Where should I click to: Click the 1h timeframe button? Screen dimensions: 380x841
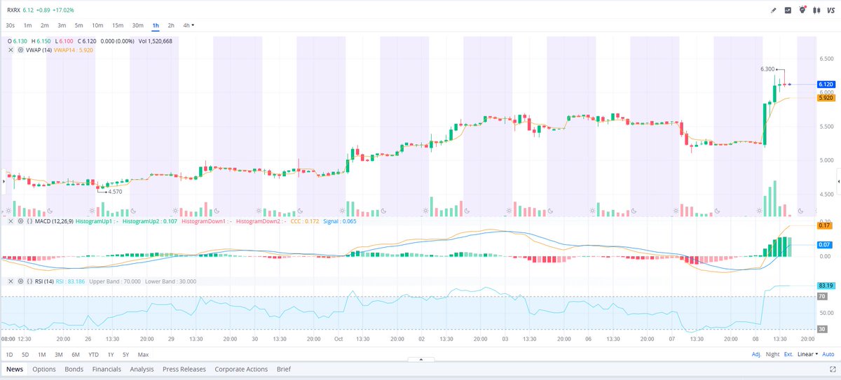point(156,25)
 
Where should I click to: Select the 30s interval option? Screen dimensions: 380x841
point(11,25)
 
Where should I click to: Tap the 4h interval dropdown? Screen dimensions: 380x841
point(188,25)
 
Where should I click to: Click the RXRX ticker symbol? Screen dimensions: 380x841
point(13,10)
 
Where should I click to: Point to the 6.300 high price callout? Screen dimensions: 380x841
point(767,69)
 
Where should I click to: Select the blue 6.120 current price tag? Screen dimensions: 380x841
point(824,84)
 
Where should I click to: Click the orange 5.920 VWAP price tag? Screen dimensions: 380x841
point(824,98)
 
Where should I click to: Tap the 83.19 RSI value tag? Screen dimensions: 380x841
point(824,286)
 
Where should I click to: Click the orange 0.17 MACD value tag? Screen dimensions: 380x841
point(824,225)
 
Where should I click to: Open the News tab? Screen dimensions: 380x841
point(15,369)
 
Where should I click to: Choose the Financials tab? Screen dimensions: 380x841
point(107,369)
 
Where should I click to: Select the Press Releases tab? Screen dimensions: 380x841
point(184,369)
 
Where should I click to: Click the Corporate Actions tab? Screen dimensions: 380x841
point(242,369)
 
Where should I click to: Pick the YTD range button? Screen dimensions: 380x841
point(93,354)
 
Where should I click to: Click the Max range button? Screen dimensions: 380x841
point(143,354)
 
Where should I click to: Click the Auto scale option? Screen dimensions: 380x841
point(828,354)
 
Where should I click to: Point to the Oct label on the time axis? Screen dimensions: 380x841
point(338,339)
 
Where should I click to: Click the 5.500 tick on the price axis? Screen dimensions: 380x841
point(828,126)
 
